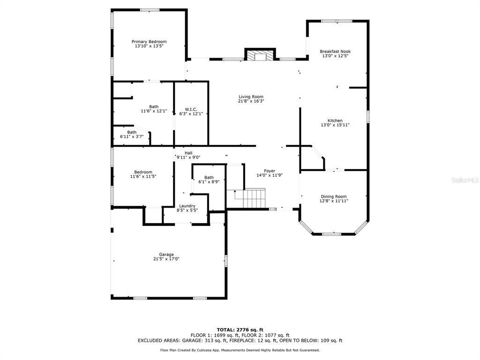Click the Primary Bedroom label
click(149, 42)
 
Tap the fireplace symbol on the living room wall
click(260, 54)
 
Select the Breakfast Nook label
click(335, 52)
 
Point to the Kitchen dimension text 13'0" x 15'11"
click(335, 125)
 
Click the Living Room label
click(251, 97)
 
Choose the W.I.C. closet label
click(191, 109)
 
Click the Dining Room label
click(334, 196)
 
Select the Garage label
click(166, 255)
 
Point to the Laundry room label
click(187, 206)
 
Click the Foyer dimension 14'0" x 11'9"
click(270, 175)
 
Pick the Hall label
click(188, 153)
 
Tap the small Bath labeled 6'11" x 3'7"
click(132, 135)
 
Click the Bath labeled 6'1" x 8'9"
click(209, 180)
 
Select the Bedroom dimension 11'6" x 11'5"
click(143, 176)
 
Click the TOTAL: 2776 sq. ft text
click(240, 330)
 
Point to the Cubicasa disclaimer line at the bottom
click(240, 350)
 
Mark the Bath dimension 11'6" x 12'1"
click(154, 111)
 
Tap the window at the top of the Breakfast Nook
click(337, 21)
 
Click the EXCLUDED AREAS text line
click(240, 340)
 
